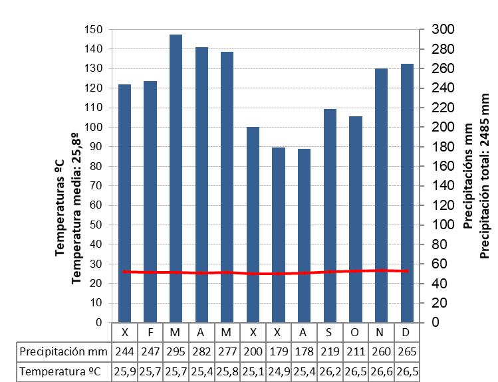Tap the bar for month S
click(x=330, y=215)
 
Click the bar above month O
click(x=356, y=219)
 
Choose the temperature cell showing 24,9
click(x=279, y=372)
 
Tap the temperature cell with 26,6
click(x=381, y=372)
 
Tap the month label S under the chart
click(x=330, y=332)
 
